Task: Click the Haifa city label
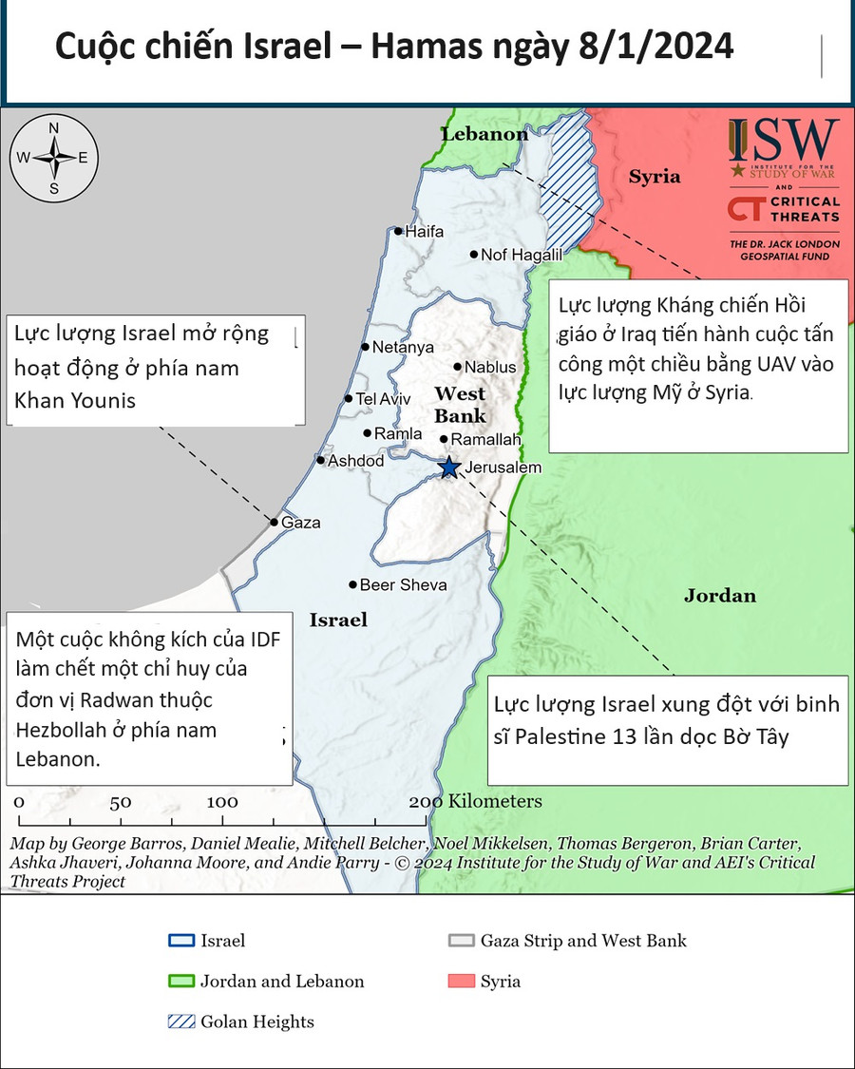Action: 425,231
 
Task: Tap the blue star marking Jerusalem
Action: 448,467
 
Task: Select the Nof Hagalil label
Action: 522,255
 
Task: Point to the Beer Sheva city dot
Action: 352,584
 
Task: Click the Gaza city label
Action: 301,523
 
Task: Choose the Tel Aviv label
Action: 383,399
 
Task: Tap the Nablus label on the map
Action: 491,367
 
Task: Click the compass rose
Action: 54,158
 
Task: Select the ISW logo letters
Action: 785,140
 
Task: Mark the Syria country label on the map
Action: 655,177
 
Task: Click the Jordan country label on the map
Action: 720,596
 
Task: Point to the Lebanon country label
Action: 484,134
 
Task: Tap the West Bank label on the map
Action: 460,405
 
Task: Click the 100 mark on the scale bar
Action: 223,801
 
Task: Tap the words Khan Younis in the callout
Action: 75,400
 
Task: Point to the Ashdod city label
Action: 355,461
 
